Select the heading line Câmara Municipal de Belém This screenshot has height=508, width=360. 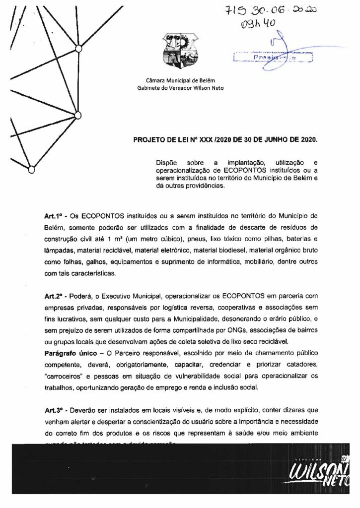[x=181, y=80]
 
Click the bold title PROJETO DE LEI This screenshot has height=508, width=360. [x=165, y=140]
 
